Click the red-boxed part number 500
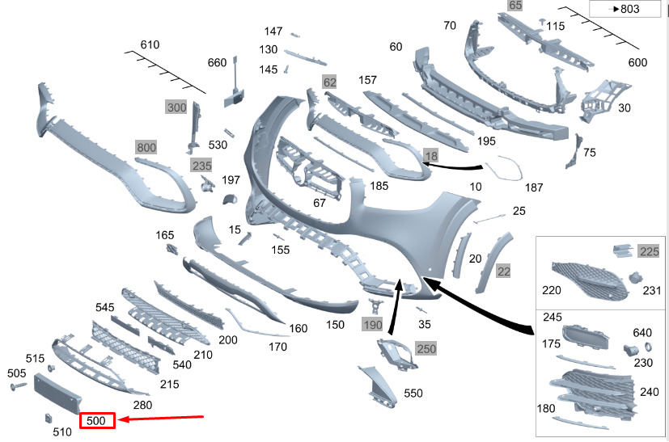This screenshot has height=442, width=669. pyautogui.click(x=97, y=421)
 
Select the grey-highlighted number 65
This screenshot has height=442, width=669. pyautogui.click(x=515, y=6)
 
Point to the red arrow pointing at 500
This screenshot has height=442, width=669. pyautogui.click(x=166, y=419)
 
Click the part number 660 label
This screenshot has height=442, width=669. pyautogui.click(x=218, y=63)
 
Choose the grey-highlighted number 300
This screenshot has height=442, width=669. pyautogui.click(x=176, y=107)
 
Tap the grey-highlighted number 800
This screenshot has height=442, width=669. pyautogui.click(x=146, y=147)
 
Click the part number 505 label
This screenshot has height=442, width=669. pyautogui.click(x=17, y=373)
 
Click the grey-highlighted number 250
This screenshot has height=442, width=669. pyautogui.click(x=426, y=347)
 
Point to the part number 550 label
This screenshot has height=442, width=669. pyautogui.click(x=413, y=394)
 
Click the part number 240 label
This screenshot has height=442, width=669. pyautogui.click(x=649, y=392)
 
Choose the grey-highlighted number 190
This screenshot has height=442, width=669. pyautogui.click(x=372, y=325)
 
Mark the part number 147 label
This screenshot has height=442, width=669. pyautogui.click(x=273, y=32)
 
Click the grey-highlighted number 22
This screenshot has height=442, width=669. pyautogui.click(x=503, y=272)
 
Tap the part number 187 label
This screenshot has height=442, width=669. pyautogui.click(x=533, y=187)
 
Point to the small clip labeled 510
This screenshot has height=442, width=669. pyautogui.click(x=46, y=418)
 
